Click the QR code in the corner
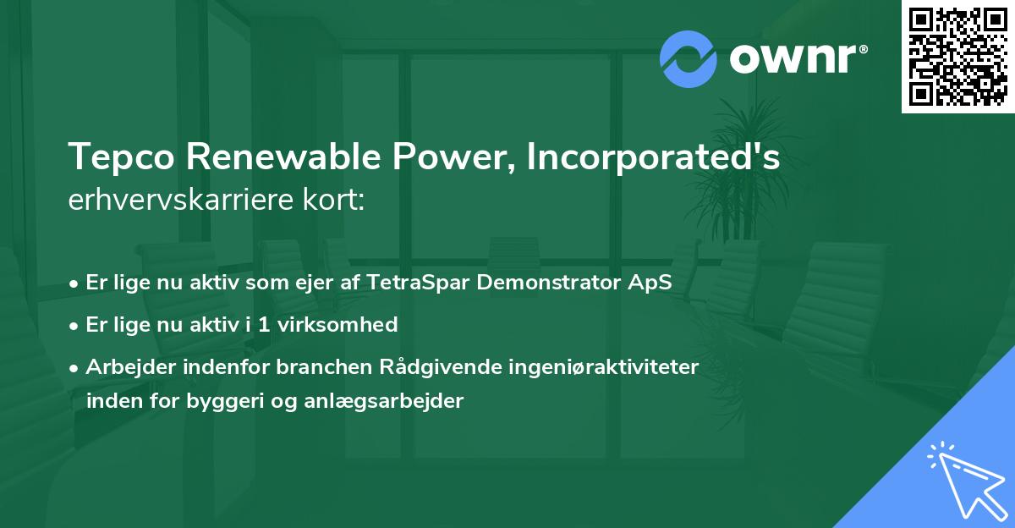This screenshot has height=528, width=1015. (x=958, y=56)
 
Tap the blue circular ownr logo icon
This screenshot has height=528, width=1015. (x=689, y=59)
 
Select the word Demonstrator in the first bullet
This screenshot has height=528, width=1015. (x=555, y=283)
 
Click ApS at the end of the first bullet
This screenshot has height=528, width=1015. (x=654, y=283)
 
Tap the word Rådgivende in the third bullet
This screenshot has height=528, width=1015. (x=434, y=366)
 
